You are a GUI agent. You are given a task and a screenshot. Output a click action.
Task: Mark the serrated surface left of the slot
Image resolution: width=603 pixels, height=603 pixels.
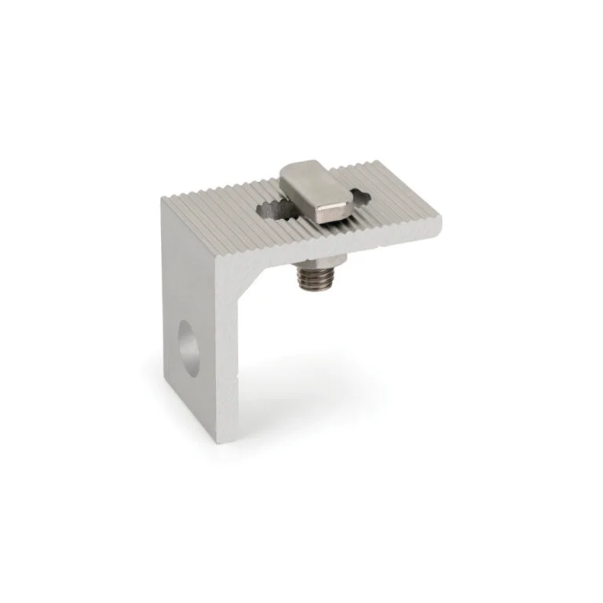pos(220,212)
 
